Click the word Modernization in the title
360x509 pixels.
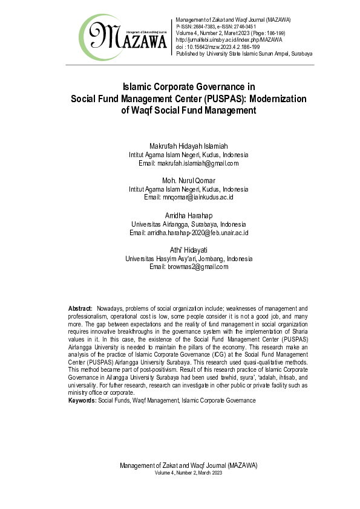(267, 99)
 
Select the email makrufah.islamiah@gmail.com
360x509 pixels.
(197, 163)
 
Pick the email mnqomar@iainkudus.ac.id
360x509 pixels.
(197, 198)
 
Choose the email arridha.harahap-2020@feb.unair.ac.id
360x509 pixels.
(198, 233)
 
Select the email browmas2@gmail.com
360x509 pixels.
(197, 267)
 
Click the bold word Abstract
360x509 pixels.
(80, 308)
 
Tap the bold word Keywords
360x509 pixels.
(82, 400)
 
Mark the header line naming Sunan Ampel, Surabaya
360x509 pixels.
(244, 54)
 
